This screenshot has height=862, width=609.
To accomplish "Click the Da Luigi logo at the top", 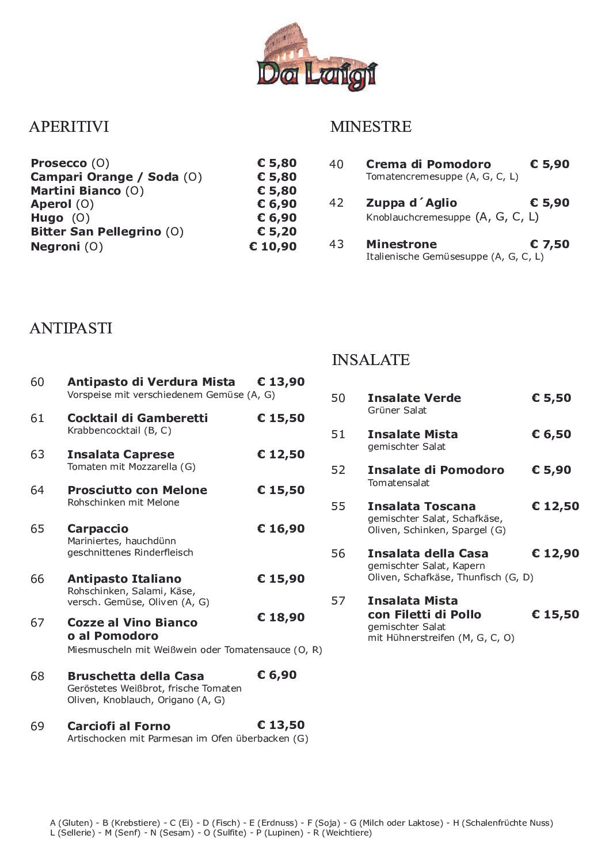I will pos(316,58).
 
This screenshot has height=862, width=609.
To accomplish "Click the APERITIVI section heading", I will pos(68,127).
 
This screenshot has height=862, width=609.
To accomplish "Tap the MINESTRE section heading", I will pos(371,127).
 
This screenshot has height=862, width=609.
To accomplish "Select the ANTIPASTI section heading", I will pos(70,328).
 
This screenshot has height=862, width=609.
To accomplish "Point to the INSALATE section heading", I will pos(371,360).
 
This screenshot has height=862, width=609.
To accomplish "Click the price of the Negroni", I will pos(273,246).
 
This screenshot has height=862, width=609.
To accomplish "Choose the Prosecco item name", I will pos(59,163).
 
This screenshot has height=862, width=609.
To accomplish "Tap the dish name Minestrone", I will pos(401,244).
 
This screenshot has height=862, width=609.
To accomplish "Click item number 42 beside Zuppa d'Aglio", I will pos(336,203).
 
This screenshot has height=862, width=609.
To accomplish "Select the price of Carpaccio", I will pos(280,529).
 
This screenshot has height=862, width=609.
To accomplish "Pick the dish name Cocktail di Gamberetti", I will pos(138,418).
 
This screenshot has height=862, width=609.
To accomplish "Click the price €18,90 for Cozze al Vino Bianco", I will pos(280,617).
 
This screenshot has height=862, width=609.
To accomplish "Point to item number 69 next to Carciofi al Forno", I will pos(37,726).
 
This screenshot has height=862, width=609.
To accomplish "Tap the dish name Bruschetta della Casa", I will pos(135,676).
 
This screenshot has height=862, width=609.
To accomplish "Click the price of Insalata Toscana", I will pos(555,506).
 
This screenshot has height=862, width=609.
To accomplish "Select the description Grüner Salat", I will pos(397,411).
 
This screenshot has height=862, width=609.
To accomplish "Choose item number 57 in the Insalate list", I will pos(338,601).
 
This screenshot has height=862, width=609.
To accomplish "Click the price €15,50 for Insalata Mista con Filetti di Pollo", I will pos(555,614).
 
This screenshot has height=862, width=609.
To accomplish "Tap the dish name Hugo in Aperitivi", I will pos(47,218).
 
